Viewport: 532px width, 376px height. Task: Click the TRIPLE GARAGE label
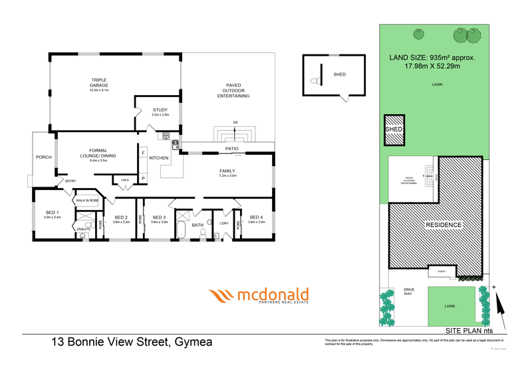98,82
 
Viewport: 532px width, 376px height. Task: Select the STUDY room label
160,110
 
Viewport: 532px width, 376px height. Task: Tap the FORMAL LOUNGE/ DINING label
98,153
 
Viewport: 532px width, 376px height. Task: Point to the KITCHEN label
158,157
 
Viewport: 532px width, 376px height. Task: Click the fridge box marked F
143,153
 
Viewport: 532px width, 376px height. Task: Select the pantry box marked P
143,178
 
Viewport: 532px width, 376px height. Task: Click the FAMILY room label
227,171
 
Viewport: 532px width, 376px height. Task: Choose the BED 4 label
257,217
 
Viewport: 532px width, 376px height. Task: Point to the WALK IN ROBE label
87,200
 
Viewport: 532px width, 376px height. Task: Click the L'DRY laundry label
223,223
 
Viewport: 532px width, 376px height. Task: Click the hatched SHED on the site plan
394,132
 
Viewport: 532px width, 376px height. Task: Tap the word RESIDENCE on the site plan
444,225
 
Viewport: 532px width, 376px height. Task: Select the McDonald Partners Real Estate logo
259,296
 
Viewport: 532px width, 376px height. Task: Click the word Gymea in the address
194,342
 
